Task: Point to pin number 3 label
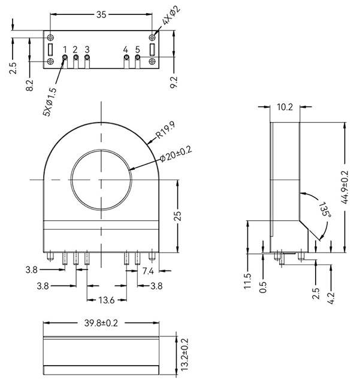87,48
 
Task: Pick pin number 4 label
125,48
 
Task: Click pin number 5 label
137,48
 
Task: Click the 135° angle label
324,209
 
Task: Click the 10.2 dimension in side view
285,108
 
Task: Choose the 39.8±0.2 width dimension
101,323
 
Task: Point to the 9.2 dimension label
174,82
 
